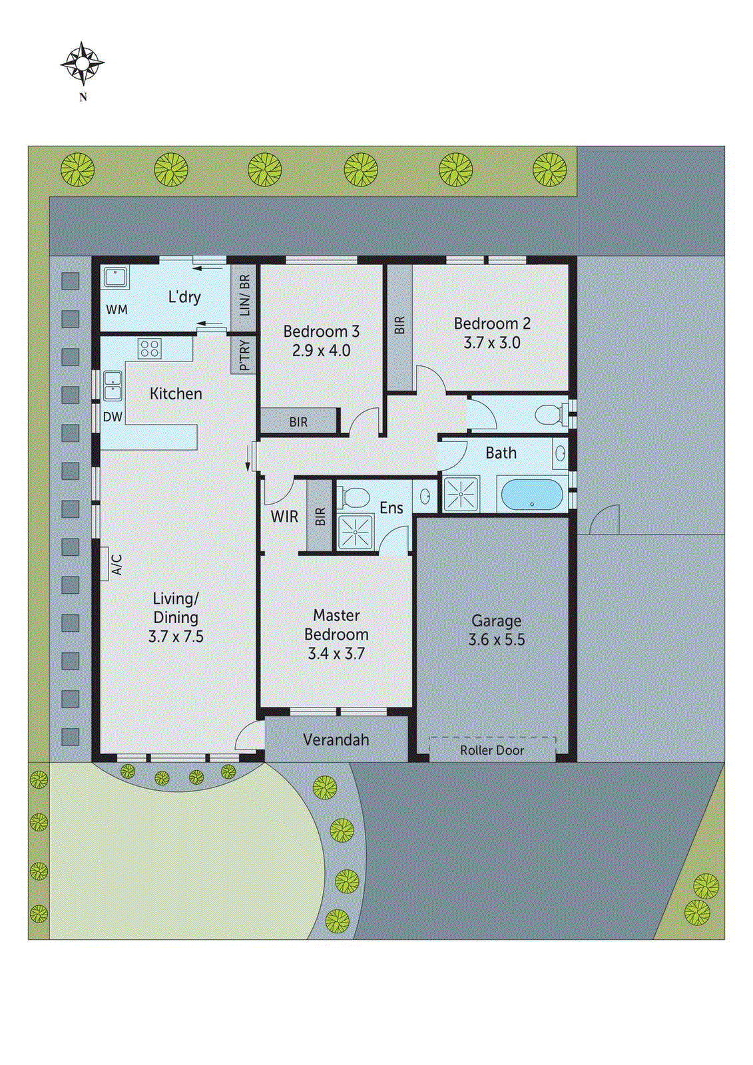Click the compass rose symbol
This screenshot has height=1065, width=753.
click(83, 64)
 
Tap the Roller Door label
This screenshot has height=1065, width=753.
click(492, 750)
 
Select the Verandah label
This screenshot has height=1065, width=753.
click(336, 740)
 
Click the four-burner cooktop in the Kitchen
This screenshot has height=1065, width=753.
click(149, 348)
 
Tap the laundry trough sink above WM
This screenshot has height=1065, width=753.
click(116, 278)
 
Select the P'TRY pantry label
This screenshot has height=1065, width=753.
click(244, 355)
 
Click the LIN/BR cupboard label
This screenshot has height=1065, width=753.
click(244, 295)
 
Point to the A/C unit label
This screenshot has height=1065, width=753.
click(117, 564)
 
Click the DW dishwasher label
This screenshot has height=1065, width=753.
click(113, 417)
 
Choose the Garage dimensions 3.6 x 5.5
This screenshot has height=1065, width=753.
click(497, 640)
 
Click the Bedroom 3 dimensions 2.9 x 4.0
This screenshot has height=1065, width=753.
click(321, 351)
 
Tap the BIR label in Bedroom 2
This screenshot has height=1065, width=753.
click(399, 325)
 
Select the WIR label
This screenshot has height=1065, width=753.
click(284, 517)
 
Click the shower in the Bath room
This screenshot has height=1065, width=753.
click(461, 494)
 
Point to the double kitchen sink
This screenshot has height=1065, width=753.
click(113, 386)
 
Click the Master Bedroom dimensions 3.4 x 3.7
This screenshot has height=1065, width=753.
click(336, 654)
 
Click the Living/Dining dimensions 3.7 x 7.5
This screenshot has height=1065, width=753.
click(176, 636)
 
